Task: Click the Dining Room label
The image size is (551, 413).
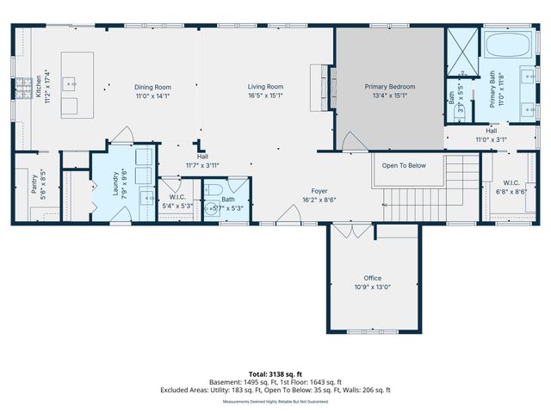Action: click(x=152, y=87)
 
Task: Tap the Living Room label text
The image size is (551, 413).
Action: click(x=265, y=87)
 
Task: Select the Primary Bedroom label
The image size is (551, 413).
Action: click(x=389, y=87)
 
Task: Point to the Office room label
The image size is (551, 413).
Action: click(x=372, y=278)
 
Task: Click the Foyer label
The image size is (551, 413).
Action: click(x=319, y=190)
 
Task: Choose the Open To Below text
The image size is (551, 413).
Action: click(x=405, y=165)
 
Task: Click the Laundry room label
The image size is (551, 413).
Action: click(x=115, y=188)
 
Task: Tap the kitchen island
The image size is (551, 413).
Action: click(x=77, y=83)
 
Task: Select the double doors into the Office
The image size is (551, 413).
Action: click(x=351, y=231)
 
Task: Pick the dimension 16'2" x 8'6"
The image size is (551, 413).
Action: click(x=319, y=200)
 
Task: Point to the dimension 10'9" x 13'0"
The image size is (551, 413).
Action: click(x=372, y=287)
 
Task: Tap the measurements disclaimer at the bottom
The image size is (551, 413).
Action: click(x=275, y=402)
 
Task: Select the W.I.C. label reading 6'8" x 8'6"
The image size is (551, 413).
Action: click(x=516, y=192)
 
